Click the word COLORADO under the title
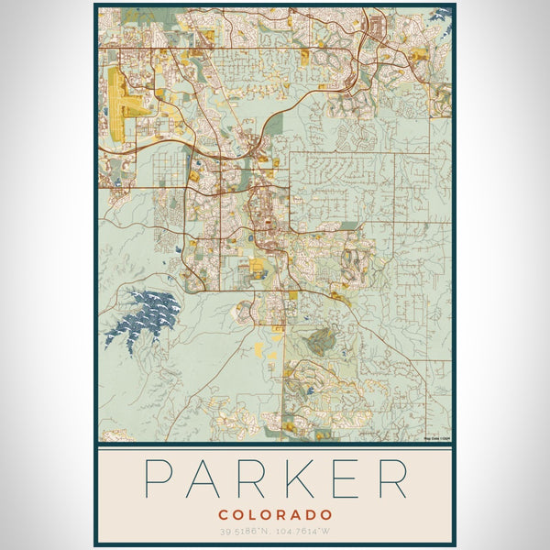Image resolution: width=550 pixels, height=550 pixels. tap(275, 515)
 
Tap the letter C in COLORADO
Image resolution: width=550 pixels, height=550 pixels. tap(224, 515)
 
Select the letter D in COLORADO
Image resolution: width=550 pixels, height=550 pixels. tap(312, 515)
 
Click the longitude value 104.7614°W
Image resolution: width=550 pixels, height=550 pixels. tap(307, 532)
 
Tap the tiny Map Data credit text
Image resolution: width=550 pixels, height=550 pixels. tap(437, 438)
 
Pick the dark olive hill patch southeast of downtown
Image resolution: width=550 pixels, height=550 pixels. tap(321, 342)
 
